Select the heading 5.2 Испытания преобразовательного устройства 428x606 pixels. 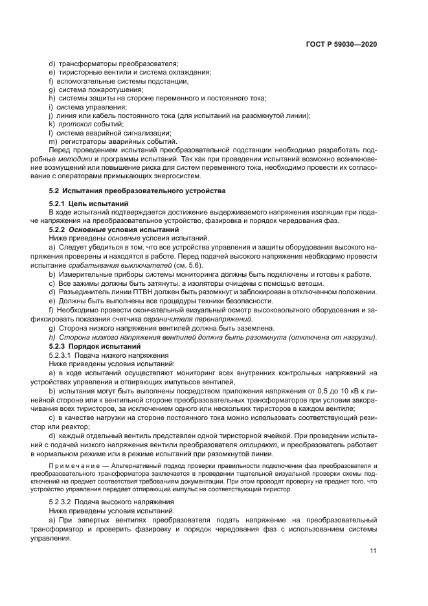coord(138,191)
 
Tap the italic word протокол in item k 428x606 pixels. coord(74,123)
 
